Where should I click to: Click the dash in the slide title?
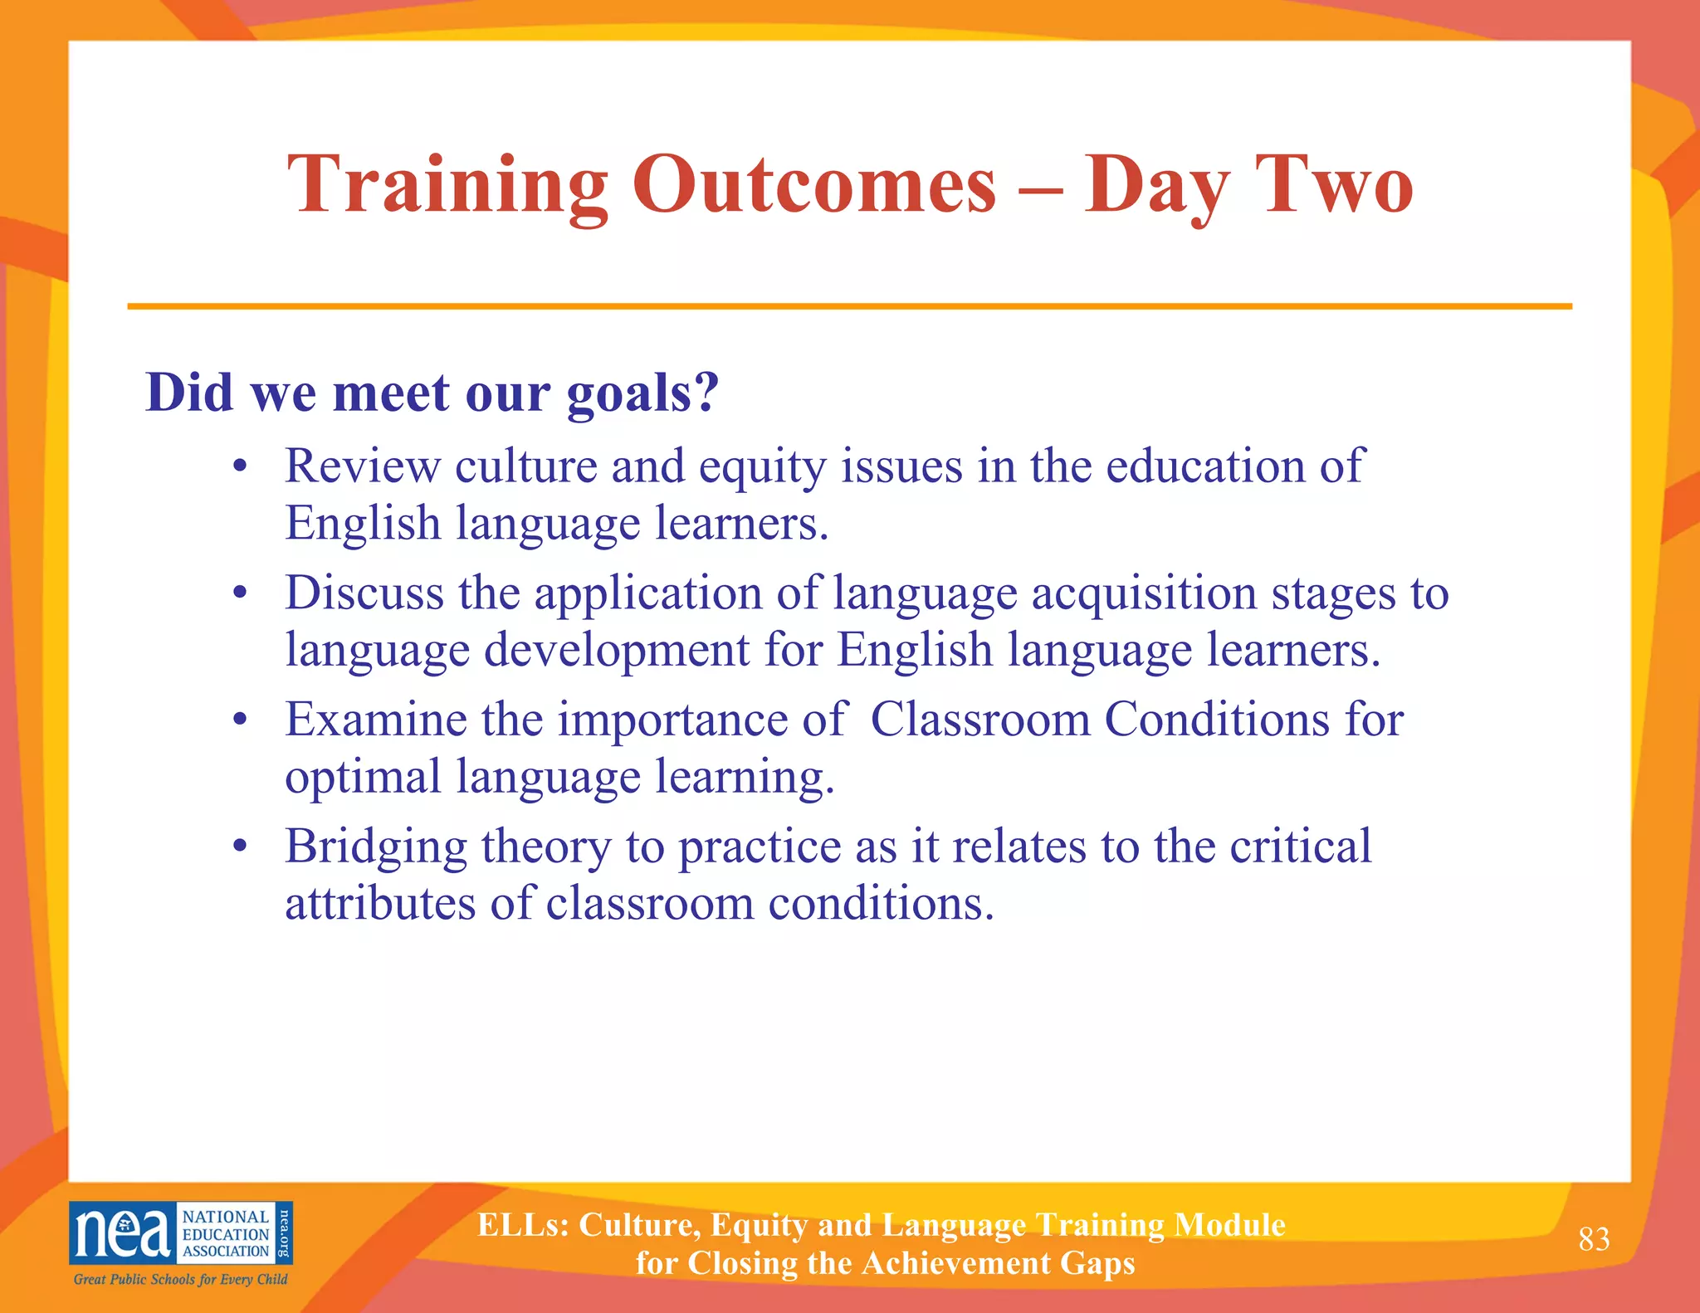[x=1039, y=189]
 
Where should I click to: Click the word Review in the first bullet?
[x=362, y=466]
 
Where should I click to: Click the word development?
[x=617, y=651]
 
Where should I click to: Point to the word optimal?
[x=363, y=779]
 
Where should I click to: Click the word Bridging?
[x=376, y=848]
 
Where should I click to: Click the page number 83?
[x=1594, y=1239]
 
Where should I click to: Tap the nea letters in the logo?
[x=122, y=1233]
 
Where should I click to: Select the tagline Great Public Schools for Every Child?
[x=180, y=1279]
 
